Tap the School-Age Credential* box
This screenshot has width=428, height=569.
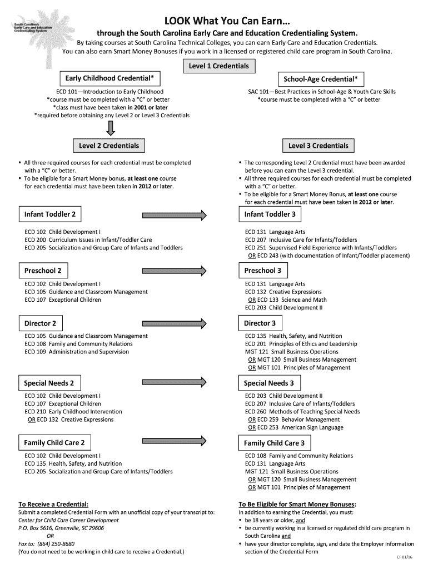[321, 79]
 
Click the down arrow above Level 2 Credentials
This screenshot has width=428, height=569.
[111, 129]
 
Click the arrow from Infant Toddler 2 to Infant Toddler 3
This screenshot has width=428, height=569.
[175, 214]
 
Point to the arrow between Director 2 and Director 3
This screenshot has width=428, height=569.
[175, 323]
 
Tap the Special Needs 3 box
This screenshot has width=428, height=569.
[270, 383]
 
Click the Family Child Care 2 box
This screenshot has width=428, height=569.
[54, 443]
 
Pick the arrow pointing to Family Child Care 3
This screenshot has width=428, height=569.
[175, 443]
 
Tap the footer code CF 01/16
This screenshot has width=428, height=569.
[404, 557]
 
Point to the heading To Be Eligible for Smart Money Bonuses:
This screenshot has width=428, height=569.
[297, 504]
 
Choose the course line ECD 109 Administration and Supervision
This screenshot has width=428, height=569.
[77, 352]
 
